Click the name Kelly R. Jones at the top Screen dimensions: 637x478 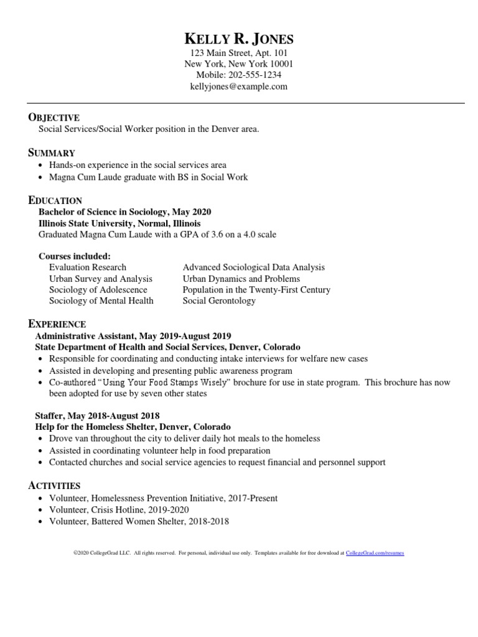click(239, 39)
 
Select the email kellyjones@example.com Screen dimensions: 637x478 click(239, 86)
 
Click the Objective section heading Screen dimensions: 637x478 click(54, 118)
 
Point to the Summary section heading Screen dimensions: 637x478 click(52, 153)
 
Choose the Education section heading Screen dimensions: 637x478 click(55, 200)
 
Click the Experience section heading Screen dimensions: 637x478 click(57, 324)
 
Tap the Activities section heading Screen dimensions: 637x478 click(55, 485)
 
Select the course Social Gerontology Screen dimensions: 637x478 click(219, 301)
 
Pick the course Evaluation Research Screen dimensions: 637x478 click(88, 267)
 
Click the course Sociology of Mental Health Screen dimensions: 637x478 click(101, 301)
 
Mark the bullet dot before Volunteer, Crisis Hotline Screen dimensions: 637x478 click(42, 510)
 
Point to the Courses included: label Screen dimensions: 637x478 click(75, 256)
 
